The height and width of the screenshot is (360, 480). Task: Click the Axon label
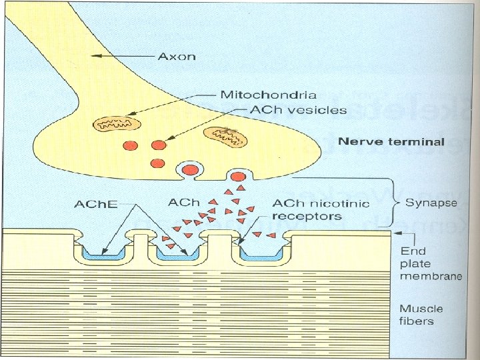(x=177, y=56)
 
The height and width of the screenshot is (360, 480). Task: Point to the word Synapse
(x=431, y=203)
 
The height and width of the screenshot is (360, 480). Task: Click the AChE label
(x=96, y=204)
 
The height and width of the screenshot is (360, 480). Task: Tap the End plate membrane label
(x=431, y=263)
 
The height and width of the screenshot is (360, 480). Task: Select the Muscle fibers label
(x=421, y=315)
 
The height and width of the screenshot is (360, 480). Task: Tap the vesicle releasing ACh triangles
(x=239, y=177)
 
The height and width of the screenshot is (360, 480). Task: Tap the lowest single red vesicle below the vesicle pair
(x=157, y=163)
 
